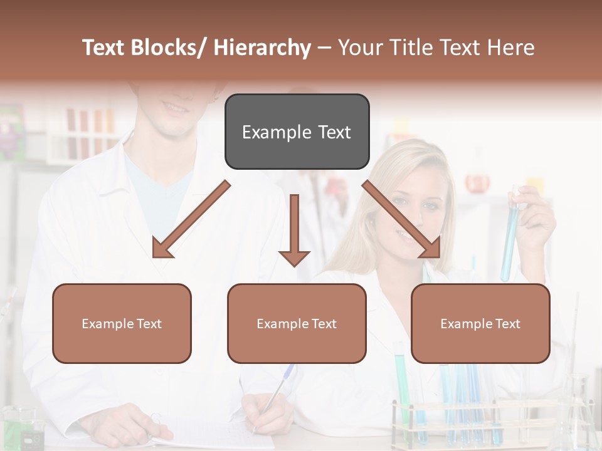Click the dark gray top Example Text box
coord(297,132)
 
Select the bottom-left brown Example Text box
coord(122,323)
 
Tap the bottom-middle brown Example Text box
coord(297,323)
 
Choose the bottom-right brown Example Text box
coord(480,323)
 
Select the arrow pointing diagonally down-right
coord(402,220)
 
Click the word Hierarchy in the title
coord(262,48)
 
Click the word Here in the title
coord(509,48)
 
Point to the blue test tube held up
coord(510,238)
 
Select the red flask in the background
coord(477,183)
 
